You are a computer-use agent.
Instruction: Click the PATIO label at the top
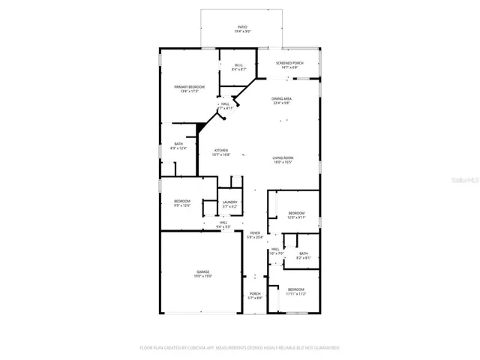242,27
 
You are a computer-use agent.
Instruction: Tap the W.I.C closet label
238,65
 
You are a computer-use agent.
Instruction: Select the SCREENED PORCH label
288,63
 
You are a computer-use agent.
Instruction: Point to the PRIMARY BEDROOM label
190,87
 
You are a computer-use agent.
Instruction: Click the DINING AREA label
282,98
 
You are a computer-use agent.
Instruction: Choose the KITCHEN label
221,150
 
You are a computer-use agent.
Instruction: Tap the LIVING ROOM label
282,157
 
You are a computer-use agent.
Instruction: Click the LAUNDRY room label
229,202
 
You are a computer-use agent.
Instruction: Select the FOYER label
255,233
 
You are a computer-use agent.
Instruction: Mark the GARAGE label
203,271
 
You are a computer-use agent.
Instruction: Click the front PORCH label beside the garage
255,294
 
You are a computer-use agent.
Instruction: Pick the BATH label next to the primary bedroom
178,144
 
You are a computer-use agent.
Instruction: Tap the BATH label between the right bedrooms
303,253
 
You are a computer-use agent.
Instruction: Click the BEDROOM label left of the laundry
182,201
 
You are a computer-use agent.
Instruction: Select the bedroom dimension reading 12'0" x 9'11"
296,217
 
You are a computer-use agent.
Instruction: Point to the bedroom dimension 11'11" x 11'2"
296,294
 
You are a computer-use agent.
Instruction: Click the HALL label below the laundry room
223,222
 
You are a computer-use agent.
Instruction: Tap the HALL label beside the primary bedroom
224,104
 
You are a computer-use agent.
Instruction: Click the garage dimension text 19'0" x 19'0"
203,276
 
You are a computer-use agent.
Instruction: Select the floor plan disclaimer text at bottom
240,348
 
